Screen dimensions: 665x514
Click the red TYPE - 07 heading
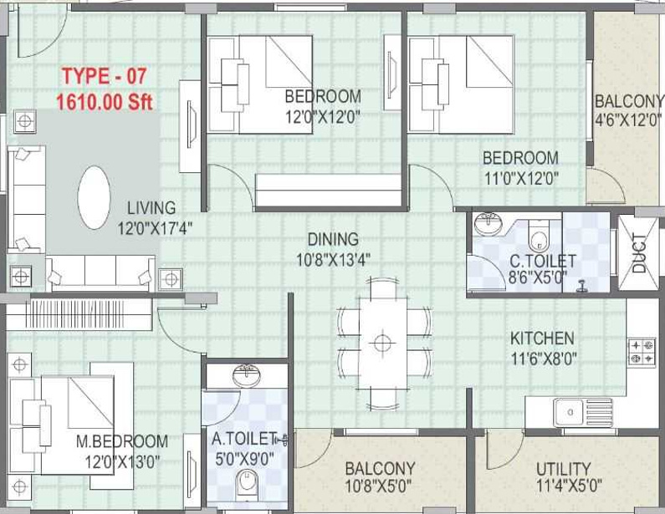[x=105, y=76]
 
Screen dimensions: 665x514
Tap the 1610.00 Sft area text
[x=105, y=102]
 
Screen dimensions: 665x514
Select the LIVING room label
[x=151, y=208]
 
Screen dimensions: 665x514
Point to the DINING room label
[x=333, y=239]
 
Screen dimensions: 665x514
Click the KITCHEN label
[x=542, y=338]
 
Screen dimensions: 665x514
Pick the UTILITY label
[x=563, y=469]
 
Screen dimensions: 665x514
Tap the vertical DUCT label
[x=639, y=253]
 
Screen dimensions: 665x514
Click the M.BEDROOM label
[x=122, y=441]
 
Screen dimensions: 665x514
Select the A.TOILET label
[x=244, y=439]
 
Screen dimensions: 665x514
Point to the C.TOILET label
[x=543, y=261]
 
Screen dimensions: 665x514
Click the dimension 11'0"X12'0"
[x=521, y=178]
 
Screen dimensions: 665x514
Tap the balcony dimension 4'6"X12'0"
[x=628, y=120]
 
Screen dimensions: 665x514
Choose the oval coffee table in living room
[x=95, y=197]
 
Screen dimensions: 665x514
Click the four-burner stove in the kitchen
[x=642, y=352]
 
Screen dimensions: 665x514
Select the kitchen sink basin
[x=569, y=412]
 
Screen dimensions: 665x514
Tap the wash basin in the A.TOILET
[x=248, y=375]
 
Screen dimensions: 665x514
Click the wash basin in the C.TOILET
[x=489, y=224]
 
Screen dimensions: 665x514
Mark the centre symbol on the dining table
[x=382, y=343]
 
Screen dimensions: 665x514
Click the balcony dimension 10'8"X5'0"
[x=378, y=486]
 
